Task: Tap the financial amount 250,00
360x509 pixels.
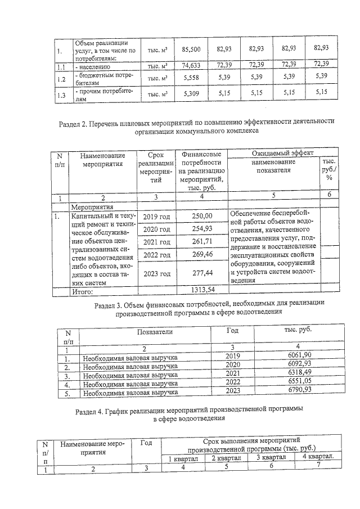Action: pyautogui.click(x=202, y=217)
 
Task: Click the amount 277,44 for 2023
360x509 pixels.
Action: pyautogui.click(x=202, y=274)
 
